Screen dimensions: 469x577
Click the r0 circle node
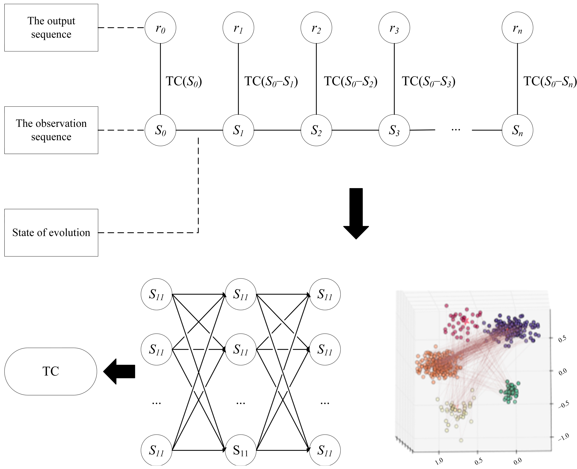tap(160, 28)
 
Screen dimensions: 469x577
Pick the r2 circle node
tap(316, 28)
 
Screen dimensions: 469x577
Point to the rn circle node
tap(517, 28)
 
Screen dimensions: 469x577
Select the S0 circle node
tap(160, 130)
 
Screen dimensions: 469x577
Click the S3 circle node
tap(394, 130)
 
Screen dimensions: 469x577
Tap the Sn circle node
tap(517, 130)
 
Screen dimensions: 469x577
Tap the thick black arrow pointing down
tap(356, 213)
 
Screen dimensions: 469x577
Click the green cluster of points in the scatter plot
tap(510, 392)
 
